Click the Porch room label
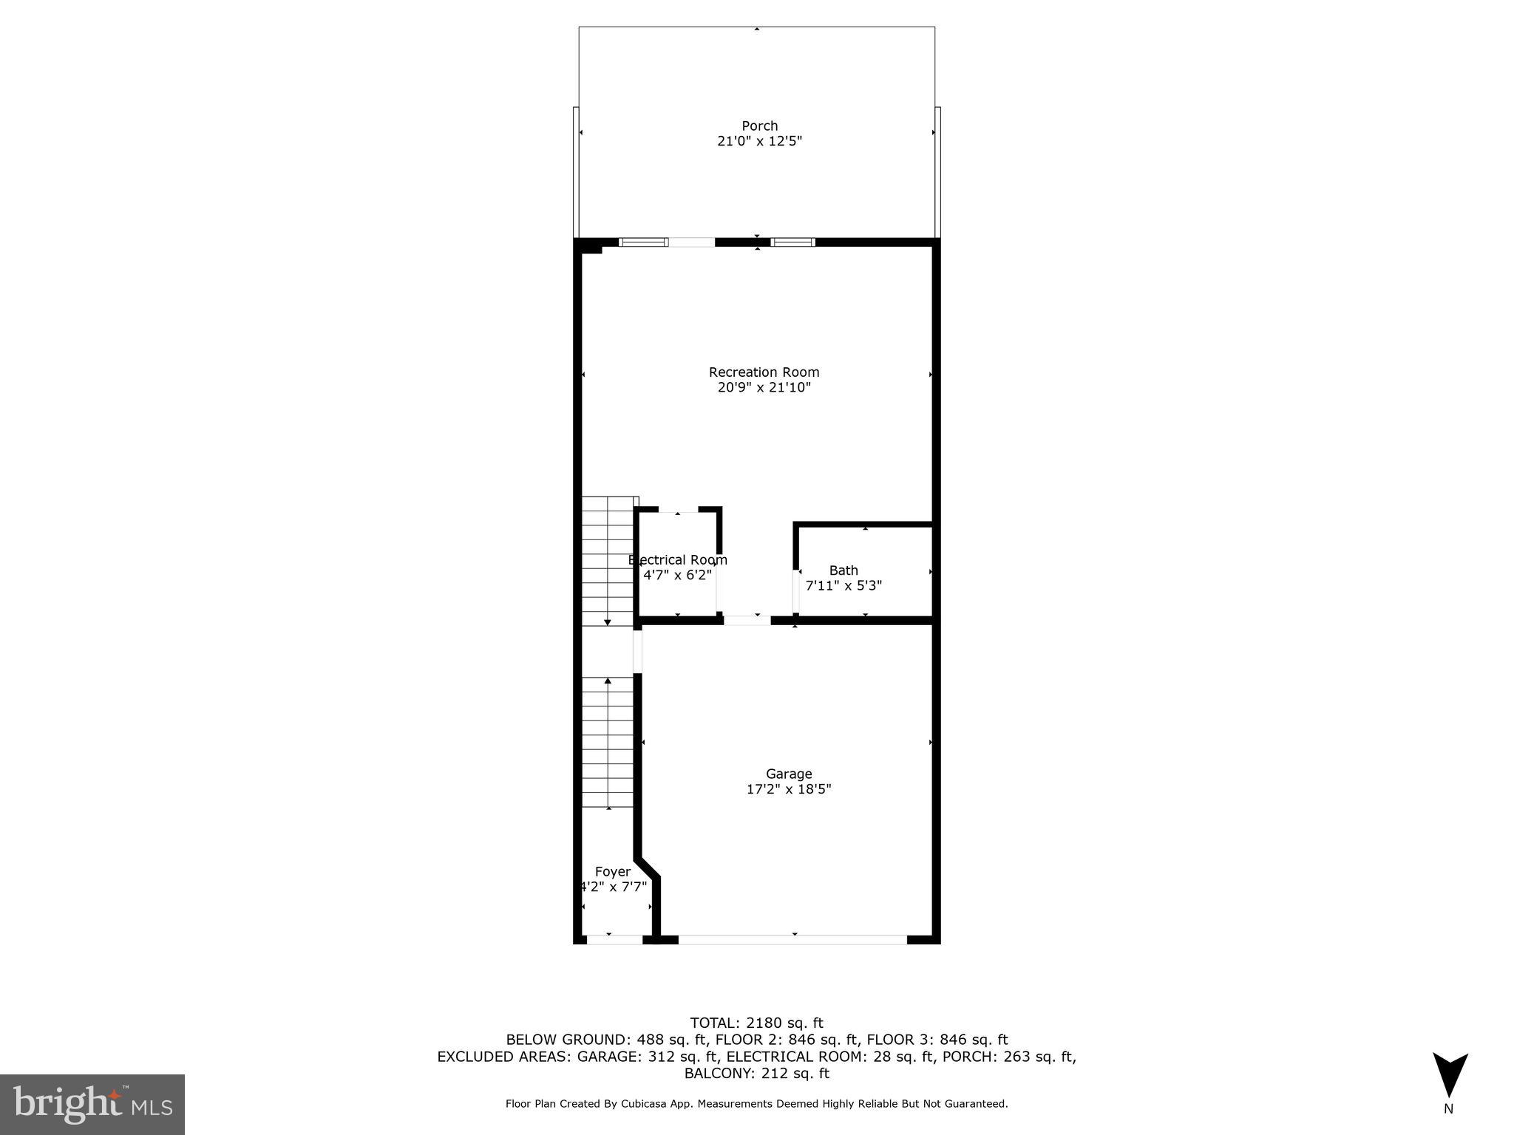[759, 126]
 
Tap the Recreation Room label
[764, 372]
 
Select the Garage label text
[789, 774]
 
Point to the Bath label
[843, 570]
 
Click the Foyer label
[613, 872]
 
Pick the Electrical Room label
[678, 560]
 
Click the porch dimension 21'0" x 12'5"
[759, 141]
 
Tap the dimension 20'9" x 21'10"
[764, 387]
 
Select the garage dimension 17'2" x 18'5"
[789, 789]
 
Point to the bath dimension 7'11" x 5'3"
[843, 586]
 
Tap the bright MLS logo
[92, 1104]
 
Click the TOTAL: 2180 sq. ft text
[756, 1023]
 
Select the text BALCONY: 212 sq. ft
[756, 1074]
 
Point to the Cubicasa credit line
[756, 1104]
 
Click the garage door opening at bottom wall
[792, 940]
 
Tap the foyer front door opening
[614, 940]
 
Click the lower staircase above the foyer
[608, 742]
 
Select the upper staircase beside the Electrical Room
[608, 562]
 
